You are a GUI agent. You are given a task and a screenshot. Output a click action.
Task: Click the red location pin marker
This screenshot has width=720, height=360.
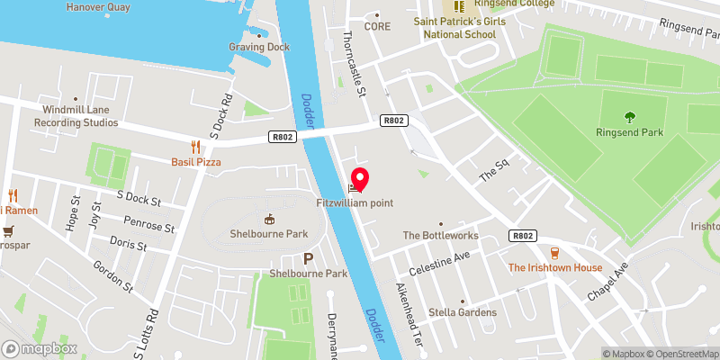[x=359, y=179]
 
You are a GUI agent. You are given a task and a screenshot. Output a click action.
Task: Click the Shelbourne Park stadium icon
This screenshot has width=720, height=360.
[x=267, y=219]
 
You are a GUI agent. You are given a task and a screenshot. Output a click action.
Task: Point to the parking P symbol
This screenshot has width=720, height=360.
[x=308, y=258]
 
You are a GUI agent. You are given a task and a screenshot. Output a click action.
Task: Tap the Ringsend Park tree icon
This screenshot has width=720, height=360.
[x=628, y=115]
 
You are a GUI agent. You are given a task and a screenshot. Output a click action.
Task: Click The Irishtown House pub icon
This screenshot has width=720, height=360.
[x=554, y=253]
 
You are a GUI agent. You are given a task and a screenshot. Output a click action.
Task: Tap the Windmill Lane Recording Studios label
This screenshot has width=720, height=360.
[x=76, y=116]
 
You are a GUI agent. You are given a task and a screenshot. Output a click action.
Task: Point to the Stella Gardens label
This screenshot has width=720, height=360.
[x=463, y=312]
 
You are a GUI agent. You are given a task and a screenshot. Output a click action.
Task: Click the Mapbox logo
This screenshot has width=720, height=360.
[x=40, y=348]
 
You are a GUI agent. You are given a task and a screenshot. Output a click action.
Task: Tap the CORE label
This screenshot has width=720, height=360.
[x=376, y=27]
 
